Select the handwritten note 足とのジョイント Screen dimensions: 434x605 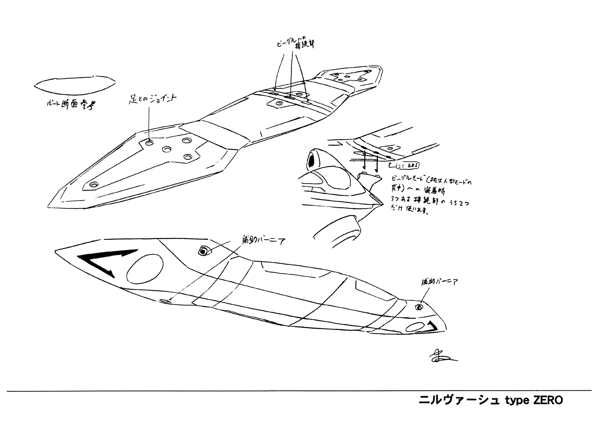click(153, 100)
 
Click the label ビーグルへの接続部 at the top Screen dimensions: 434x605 click(295, 44)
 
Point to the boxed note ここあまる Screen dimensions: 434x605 click(407, 166)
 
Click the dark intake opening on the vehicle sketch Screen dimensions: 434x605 click(311, 162)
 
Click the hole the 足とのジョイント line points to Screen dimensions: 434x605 click(150, 143)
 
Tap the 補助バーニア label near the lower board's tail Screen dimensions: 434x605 click(439, 282)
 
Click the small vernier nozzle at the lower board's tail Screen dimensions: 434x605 click(419, 307)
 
